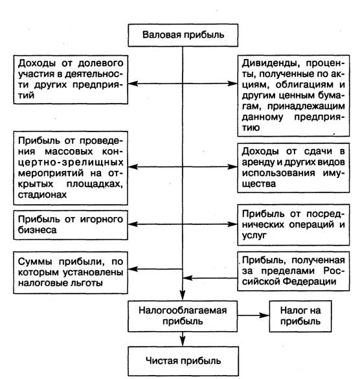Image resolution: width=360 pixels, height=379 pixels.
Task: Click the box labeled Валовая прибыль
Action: (183, 35)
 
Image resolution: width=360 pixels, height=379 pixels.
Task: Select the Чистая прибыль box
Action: (183, 361)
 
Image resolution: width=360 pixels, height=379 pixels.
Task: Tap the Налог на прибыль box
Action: (300, 316)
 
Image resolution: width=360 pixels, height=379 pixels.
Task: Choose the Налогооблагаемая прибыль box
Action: (183, 316)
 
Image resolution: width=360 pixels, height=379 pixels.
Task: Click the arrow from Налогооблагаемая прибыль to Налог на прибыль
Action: (253, 316)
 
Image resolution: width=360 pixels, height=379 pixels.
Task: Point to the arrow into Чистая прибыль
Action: (183, 339)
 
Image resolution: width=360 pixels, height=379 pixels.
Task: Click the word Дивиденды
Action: (271, 63)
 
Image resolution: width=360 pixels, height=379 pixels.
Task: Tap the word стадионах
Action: (42, 194)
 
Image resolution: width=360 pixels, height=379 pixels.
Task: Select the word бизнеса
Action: (37, 230)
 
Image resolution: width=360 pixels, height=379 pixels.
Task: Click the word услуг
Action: (254, 235)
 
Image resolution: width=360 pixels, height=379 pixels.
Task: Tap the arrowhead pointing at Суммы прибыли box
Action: (132, 269)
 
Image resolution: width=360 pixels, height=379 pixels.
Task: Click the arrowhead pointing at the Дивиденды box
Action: (232, 84)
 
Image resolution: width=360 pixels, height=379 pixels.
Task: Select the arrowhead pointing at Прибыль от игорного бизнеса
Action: (132, 224)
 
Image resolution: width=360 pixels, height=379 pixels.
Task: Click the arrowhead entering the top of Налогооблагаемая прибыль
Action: (183, 296)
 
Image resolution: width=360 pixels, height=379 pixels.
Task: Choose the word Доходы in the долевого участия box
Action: (37, 63)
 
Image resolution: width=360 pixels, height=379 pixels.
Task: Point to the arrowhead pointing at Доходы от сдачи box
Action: (232, 167)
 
